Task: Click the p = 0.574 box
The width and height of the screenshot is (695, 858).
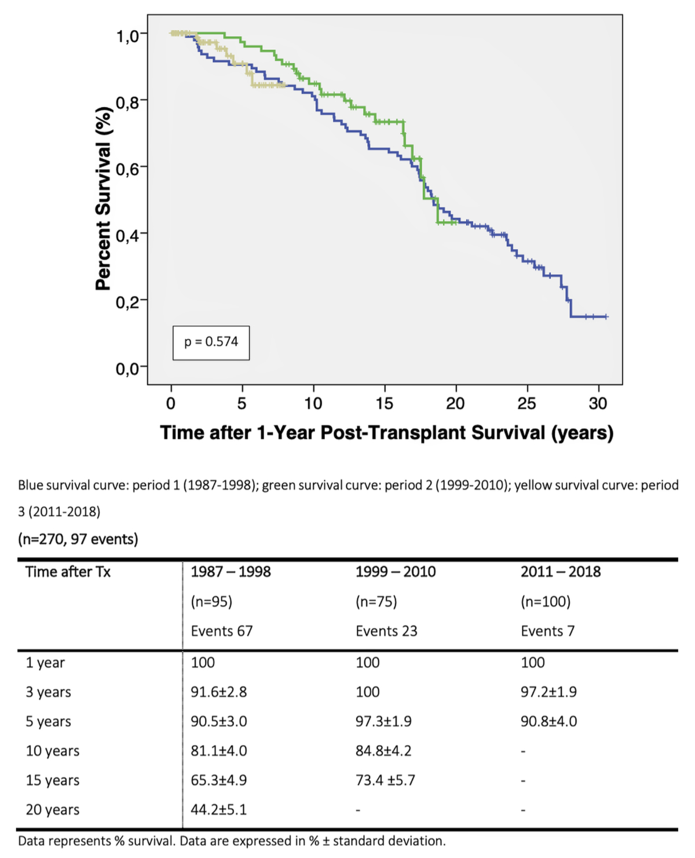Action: pyautogui.click(x=211, y=342)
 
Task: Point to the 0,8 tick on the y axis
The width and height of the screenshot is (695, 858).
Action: pyautogui.click(x=127, y=103)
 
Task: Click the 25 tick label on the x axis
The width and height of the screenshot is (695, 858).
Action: pyautogui.click(x=526, y=403)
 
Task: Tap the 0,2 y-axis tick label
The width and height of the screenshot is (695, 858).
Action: pyautogui.click(x=127, y=302)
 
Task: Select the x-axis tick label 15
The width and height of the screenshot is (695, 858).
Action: pyautogui.click(x=384, y=403)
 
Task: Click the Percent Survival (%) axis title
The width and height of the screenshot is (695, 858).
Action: pyautogui.click(x=104, y=199)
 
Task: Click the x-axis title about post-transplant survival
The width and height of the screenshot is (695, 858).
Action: pyautogui.click(x=386, y=433)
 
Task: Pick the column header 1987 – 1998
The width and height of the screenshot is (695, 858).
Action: pyautogui.click(x=231, y=572)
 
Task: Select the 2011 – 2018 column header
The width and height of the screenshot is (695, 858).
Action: pyautogui.click(x=560, y=572)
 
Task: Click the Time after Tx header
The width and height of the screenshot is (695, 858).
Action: pyautogui.click(x=68, y=572)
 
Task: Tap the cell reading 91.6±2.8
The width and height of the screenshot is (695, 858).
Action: pyautogui.click(x=219, y=692)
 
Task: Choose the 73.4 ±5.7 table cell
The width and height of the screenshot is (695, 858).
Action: pyautogui.click(x=385, y=780)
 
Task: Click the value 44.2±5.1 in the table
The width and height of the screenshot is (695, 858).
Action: pyautogui.click(x=219, y=810)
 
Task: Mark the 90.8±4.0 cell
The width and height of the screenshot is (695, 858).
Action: pyautogui.click(x=548, y=721)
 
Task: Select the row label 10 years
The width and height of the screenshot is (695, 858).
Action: pyautogui.click(x=53, y=751)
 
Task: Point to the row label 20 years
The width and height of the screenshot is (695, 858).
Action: pyautogui.click(x=53, y=810)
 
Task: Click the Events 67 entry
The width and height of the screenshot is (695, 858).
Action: pyautogui.click(x=222, y=631)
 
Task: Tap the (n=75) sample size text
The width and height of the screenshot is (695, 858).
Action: pyautogui.click(x=376, y=601)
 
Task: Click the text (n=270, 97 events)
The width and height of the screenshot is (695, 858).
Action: pyautogui.click(x=78, y=539)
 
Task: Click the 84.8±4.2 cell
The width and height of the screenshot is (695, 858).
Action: pyautogui.click(x=383, y=751)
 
